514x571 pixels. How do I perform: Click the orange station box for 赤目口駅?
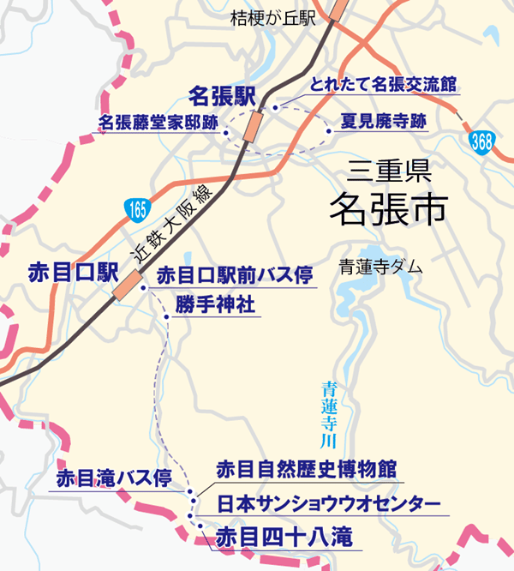[128, 285]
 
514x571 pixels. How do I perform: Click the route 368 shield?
[482, 141]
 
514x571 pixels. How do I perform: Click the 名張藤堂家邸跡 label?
[158, 122]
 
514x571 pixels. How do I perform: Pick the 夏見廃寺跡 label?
[383, 121]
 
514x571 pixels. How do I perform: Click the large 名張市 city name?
[390, 208]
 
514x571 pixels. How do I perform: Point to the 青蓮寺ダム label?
[380, 267]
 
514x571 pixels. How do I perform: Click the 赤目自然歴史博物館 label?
[306, 470]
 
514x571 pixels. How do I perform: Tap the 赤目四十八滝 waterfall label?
[283, 538]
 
